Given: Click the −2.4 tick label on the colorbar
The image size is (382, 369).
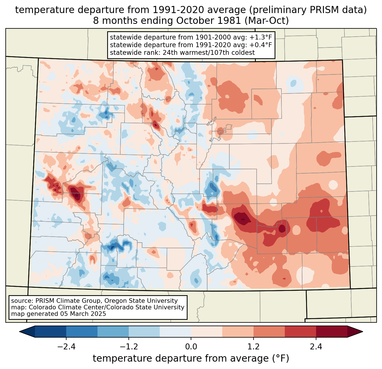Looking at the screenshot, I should pos(66,347).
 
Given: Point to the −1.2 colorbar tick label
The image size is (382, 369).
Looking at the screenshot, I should pos(128,347).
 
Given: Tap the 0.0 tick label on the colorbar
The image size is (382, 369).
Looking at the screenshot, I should pos(191,347).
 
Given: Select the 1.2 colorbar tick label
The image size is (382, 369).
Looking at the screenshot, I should pos(254,347).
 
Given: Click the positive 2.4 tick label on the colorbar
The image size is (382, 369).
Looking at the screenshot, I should pos(316,347).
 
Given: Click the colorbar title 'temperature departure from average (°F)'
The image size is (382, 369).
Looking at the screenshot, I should pos(191,358).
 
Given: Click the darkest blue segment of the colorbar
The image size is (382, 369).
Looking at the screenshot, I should pos(51,332).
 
